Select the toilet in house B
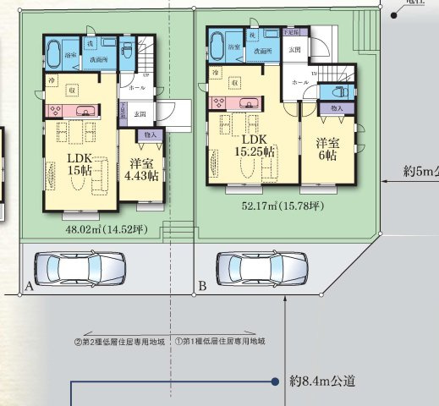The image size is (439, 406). point(343,92)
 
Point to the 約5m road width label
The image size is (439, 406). point(420,172)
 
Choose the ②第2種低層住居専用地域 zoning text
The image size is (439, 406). point(123,341)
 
